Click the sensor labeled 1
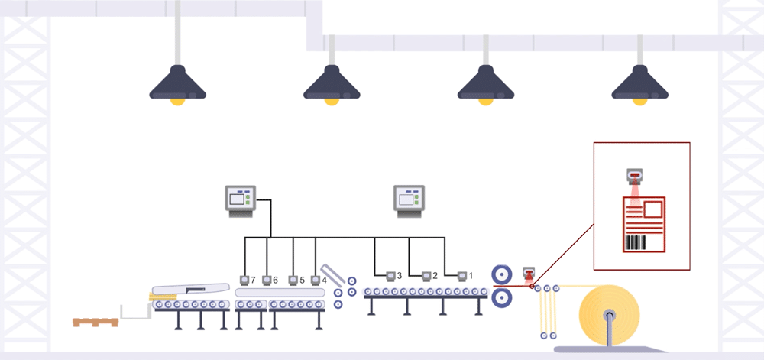[462, 276]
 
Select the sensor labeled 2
[426, 276]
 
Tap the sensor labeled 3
[390, 276]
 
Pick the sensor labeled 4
[316, 280]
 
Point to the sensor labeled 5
[293, 280]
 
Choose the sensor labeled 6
[267, 280]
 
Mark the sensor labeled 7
[244, 280]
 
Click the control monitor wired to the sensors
[241, 201]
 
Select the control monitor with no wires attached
[409, 201]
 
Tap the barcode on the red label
[635, 242]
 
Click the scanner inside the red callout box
[634, 176]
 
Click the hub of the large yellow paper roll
[609, 315]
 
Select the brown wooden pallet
[95, 322]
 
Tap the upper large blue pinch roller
[501, 274]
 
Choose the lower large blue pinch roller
[501, 297]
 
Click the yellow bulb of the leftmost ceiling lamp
[178, 102]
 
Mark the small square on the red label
[653, 209]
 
